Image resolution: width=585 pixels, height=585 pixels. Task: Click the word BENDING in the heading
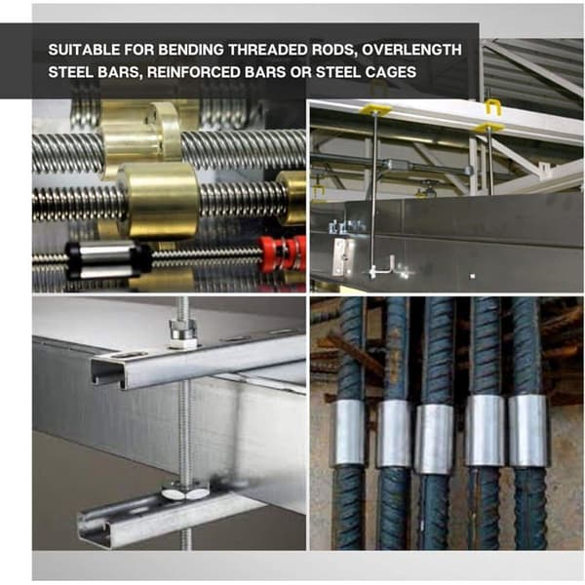pos(191,50)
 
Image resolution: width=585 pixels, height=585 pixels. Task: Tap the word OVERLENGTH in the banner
pos(411,50)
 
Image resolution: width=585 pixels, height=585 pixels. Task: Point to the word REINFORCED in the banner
pos(194,72)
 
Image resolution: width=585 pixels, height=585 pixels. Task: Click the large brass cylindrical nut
pos(160,200)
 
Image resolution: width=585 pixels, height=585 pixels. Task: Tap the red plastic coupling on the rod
pos(283,253)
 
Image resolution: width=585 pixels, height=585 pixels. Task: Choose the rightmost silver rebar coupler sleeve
pos(527,430)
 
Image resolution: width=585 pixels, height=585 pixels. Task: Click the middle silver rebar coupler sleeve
pos(435,439)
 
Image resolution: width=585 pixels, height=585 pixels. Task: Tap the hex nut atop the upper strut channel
pos(182,332)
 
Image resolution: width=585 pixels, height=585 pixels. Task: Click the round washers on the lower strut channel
pos(185,492)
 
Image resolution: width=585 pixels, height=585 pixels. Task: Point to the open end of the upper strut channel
pos(107,372)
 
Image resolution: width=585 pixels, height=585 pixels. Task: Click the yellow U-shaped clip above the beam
pos(492,106)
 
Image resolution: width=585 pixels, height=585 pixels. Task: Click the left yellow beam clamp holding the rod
pos(377,109)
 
